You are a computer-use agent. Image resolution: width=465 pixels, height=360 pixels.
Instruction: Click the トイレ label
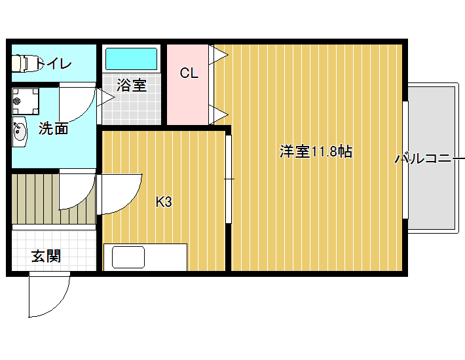coord(54,63)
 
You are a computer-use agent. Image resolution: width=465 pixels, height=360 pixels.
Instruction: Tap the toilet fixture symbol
coord(26,63)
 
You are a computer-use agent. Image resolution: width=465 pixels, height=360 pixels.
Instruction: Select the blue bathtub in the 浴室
coord(132,59)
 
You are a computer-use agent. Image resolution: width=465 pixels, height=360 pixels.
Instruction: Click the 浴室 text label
coord(132,85)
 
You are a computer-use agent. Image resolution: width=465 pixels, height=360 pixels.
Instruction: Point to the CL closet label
coord(189,73)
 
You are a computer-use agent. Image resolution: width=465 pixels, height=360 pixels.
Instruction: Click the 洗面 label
coord(54,129)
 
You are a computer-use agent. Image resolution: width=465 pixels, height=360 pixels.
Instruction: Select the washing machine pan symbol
coord(26,101)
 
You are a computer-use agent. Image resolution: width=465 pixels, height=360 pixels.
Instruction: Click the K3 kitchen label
coord(164,202)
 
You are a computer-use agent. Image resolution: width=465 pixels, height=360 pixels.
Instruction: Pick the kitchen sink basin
coord(128,257)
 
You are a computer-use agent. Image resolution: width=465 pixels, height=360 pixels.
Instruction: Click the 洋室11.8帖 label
coord(316,151)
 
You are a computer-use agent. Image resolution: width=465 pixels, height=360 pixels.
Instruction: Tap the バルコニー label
coord(430,159)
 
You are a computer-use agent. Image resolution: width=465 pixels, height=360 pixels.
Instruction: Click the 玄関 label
coord(46,256)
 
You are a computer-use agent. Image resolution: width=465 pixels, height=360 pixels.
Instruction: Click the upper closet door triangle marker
coord(219,55)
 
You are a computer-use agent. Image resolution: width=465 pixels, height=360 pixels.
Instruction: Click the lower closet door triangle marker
coord(219,115)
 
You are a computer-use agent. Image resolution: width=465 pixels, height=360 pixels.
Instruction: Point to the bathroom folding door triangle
coord(106,97)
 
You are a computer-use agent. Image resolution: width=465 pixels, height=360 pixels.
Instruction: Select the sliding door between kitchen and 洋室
coord(229,179)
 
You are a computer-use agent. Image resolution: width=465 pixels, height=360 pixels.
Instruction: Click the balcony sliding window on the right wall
coord(405,160)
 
